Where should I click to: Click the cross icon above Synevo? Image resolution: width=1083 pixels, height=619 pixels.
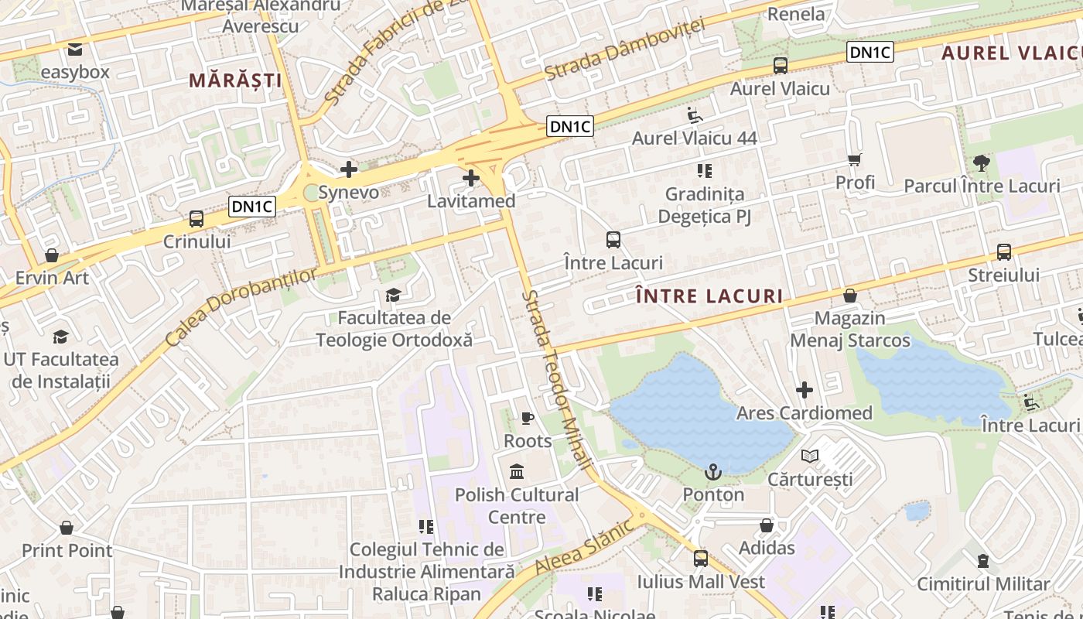(349, 169)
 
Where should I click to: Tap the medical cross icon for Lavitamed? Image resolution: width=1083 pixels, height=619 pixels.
(470, 179)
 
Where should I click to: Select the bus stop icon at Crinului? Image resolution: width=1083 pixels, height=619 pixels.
(196, 219)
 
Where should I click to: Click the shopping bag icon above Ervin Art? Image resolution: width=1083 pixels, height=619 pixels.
(52, 255)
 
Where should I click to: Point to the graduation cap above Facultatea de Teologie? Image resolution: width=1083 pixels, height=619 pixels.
(394, 295)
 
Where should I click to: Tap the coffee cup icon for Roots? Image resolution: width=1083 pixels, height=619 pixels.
(528, 419)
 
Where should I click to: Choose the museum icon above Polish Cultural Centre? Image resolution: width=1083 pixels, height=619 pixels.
(517, 471)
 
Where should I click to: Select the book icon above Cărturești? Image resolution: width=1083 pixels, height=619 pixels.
(809, 457)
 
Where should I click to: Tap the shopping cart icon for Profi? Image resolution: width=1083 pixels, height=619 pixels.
(855, 160)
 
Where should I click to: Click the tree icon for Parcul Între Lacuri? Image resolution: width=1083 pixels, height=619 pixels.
(982, 163)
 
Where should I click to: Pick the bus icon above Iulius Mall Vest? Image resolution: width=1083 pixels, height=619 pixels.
(701, 558)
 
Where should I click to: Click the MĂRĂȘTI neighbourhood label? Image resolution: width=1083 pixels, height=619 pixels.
(235, 80)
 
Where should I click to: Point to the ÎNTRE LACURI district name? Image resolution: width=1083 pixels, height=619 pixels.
(709, 296)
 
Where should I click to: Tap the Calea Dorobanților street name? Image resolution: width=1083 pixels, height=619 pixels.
(241, 306)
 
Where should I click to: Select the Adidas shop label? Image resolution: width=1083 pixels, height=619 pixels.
(767, 548)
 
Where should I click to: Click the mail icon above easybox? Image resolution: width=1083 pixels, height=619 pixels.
(75, 50)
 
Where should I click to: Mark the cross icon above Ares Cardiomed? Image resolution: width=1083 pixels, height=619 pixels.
(805, 390)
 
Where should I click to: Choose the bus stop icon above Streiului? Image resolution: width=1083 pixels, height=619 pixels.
(1004, 252)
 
